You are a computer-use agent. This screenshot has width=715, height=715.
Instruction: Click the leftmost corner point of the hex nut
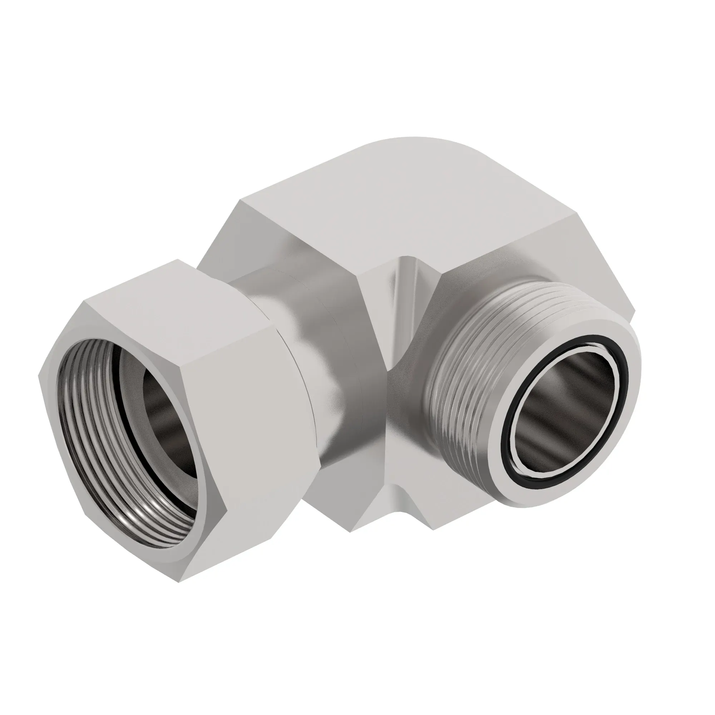(x=39, y=374)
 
